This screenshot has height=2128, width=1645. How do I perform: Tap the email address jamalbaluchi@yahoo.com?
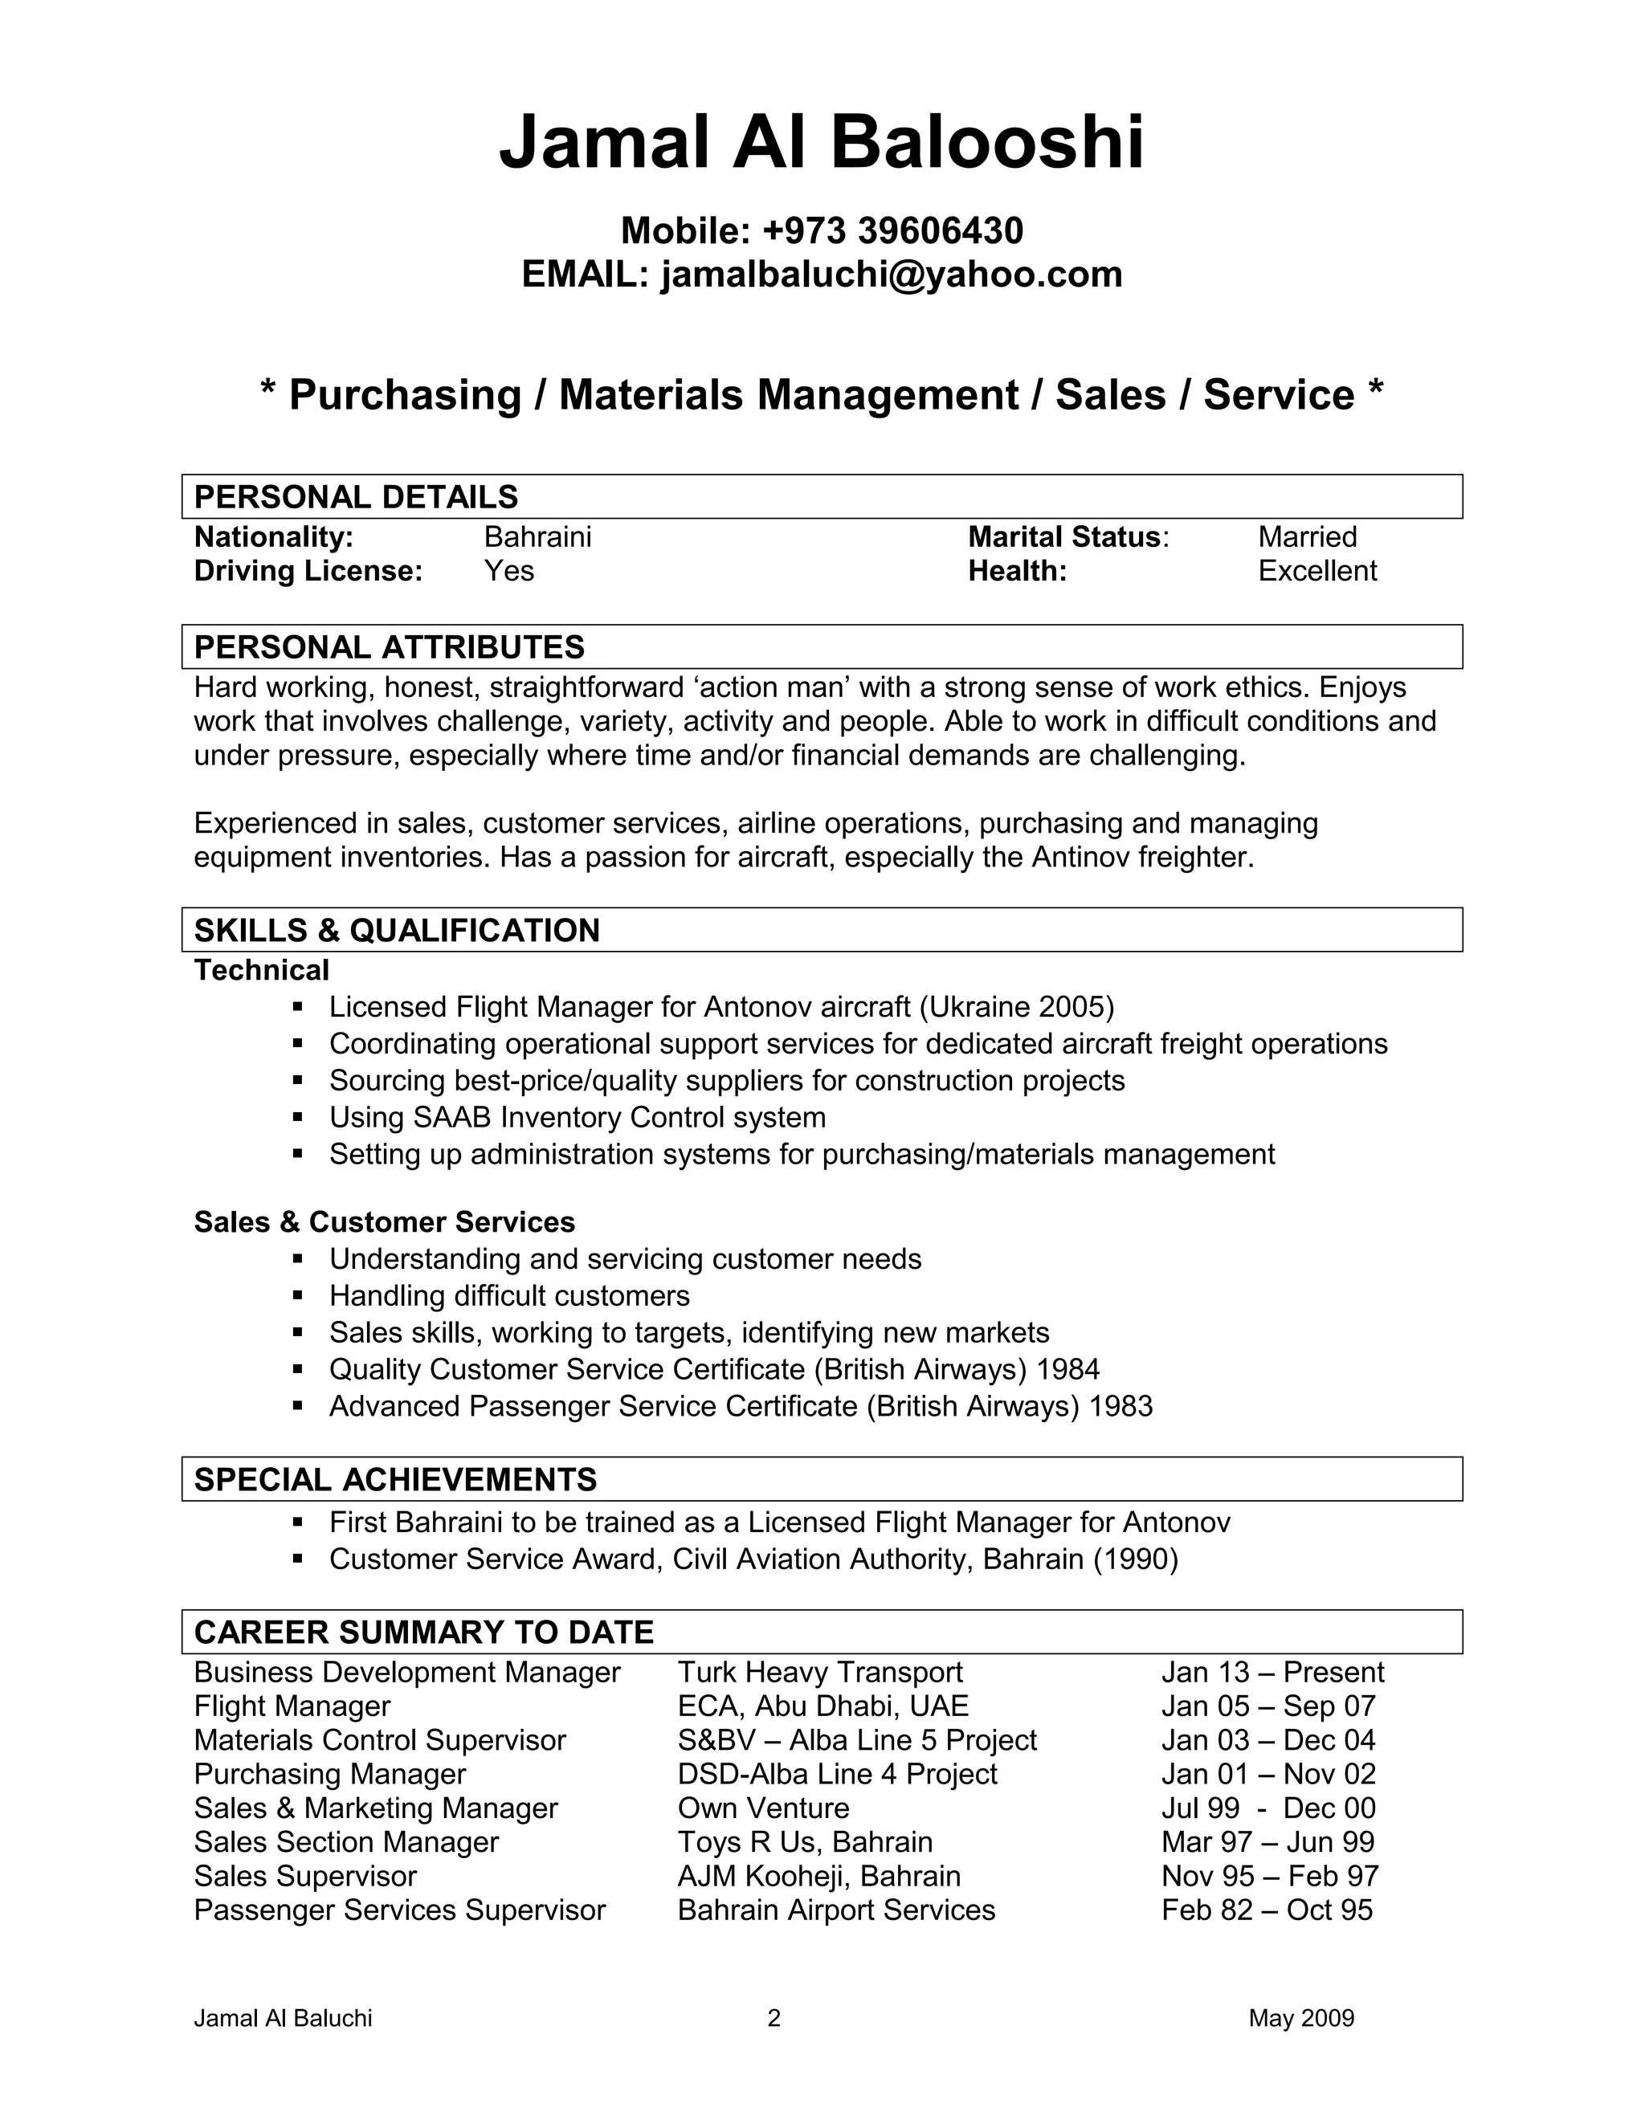point(891,275)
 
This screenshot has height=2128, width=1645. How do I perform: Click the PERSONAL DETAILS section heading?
point(356,497)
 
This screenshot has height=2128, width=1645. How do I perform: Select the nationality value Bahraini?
point(538,537)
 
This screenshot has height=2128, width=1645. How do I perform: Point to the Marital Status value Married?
point(1307,537)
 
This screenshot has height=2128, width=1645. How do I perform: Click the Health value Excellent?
point(1316,571)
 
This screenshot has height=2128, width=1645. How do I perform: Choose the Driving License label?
point(308,571)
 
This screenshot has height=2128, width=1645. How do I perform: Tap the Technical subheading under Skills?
point(261,971)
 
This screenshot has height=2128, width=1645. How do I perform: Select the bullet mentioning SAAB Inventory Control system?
point(577,1118)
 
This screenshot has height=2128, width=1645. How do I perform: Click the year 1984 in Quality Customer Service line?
point(1068,1370)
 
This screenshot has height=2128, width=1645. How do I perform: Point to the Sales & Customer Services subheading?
point(384,1222)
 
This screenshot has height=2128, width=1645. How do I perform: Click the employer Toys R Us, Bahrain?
point(805,1842)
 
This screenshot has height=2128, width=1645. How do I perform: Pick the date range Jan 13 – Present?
point(1272,1672)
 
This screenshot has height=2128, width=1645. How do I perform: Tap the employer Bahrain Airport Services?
point(836,1910)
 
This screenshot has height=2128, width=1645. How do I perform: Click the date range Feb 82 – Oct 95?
point(1266,1910)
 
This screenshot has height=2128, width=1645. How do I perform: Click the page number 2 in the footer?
point(774,2018)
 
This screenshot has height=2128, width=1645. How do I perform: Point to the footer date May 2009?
point(1301,2018)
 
